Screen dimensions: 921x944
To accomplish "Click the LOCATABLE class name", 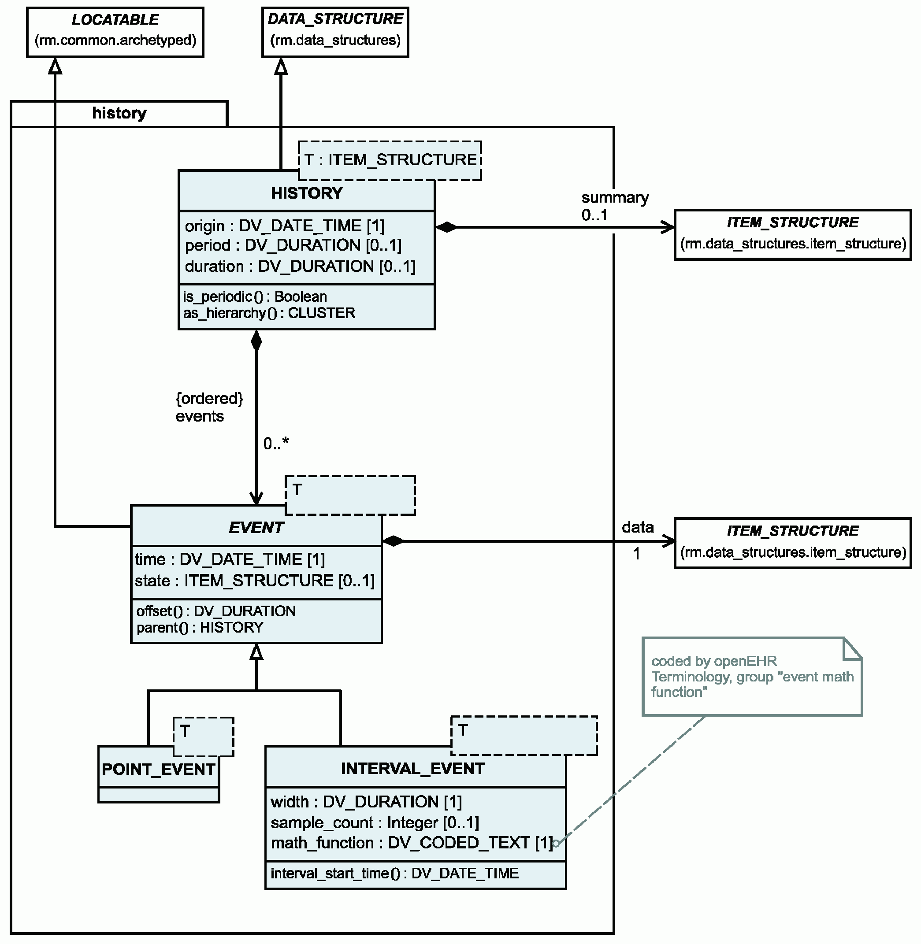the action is tap(115, 20).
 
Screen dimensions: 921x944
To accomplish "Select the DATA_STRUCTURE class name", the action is tap(335, 19).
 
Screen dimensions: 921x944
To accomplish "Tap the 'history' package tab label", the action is tap(119, 113).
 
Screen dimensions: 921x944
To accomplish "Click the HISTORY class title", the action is tap(307, 193).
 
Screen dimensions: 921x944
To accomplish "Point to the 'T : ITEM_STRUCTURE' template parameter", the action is tap(390, 159).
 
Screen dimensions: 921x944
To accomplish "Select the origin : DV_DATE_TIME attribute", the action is tap(285, 226).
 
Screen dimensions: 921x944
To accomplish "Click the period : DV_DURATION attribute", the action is tap(293, 245).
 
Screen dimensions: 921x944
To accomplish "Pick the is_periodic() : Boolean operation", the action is tap(255, 296).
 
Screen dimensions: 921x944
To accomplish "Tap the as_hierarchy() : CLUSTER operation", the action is tap(269, 313).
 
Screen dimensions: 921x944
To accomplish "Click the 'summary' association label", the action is tap(615, 198).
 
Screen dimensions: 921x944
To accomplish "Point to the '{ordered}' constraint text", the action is tap(209, 399).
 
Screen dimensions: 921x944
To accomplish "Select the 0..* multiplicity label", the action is tap(276, 443).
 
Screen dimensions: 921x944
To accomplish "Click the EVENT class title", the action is tap(256, 527).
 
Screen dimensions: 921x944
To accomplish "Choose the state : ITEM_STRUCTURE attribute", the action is tap(254, 580).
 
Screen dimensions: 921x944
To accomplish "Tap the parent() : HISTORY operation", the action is tap(200, 627).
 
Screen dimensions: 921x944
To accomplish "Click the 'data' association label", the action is tap(638, 527).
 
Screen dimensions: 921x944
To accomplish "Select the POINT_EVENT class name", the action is tap(158, 769).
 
